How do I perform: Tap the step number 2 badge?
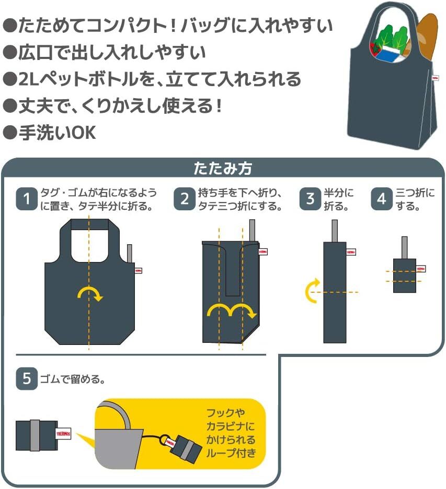pyautogui.click(x=185, y=199)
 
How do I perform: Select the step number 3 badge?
pyautogui.click(x=311, y=199)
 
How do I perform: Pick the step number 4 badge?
pyautogui.click(x=382, y=199)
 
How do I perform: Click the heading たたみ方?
pyautogui.click(x=223, y=169)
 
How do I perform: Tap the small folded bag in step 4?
pyautogui.click(x=404, y=275)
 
